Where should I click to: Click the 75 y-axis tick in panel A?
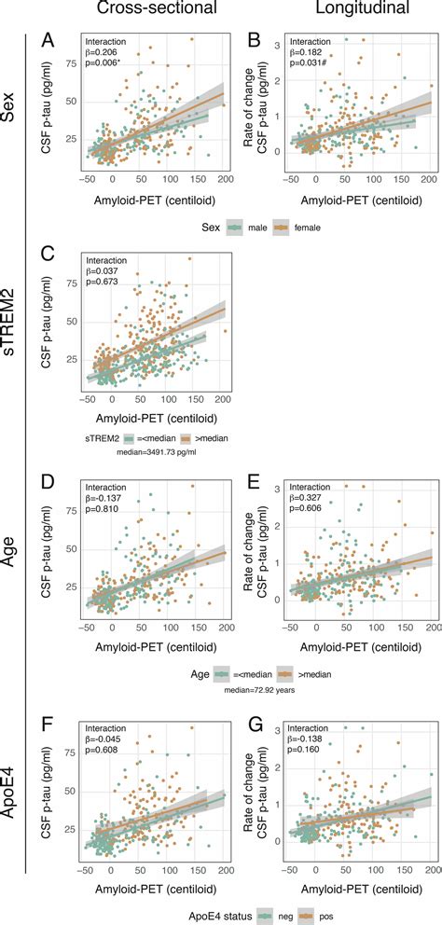point(70,66)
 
